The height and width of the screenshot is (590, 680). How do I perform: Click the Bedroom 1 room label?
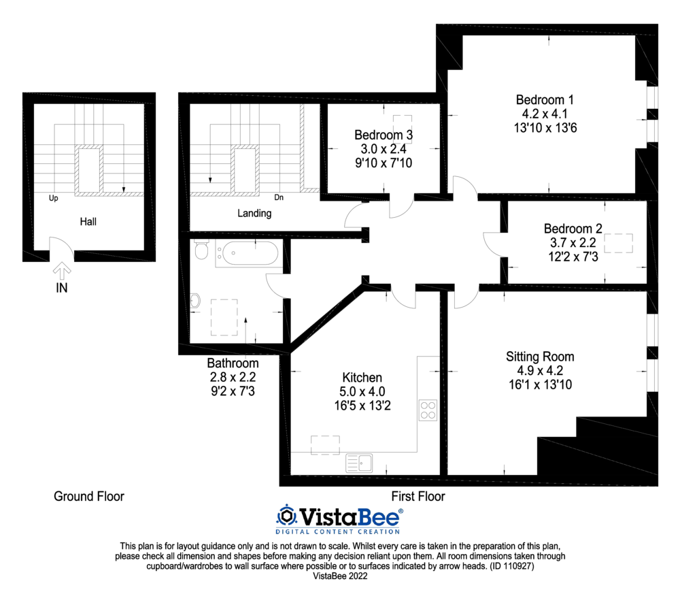point(545,100)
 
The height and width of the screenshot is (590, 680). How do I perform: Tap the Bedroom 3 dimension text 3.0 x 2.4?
point(384,149)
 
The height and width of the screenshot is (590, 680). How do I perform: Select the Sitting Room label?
point(540,357)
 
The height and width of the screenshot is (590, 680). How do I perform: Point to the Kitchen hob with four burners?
point(428,410)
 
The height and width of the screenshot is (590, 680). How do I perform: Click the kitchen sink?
point(359,463)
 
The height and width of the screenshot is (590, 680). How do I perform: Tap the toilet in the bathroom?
point(201,250)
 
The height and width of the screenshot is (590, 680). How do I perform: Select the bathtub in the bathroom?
point(248,254)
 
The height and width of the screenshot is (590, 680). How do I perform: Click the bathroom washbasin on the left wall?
point(195,300)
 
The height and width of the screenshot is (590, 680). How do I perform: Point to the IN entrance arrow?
point(62,270)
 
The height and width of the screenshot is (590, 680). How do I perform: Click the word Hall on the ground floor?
point(88,222)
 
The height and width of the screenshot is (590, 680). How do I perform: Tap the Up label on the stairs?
point(53,199)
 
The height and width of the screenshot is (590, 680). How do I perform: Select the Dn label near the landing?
point(279,197)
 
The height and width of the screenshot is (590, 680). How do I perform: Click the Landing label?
point(254,213)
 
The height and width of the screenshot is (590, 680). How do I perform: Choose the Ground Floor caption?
point(89,496)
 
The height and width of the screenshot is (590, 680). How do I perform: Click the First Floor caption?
point(418,496)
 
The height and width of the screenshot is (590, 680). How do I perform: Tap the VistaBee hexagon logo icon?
point(286,516)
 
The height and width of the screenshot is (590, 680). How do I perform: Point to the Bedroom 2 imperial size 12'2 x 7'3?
point(573,257)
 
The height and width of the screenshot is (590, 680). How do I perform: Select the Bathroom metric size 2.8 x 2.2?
point(233,377)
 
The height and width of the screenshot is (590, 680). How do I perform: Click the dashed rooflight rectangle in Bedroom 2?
point(618,243)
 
